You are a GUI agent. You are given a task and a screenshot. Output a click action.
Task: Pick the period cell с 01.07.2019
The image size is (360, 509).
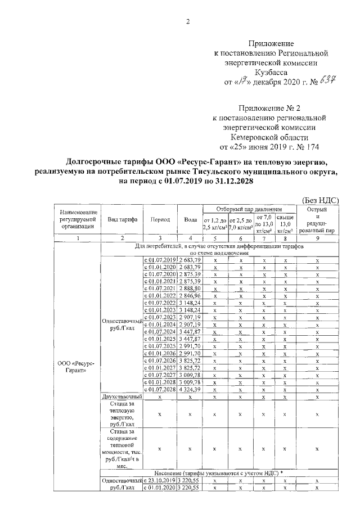[160, 259]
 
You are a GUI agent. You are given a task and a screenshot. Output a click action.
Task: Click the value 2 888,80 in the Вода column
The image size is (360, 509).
[190, 288]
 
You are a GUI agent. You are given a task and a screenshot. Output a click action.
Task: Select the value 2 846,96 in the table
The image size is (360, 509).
[190, 295]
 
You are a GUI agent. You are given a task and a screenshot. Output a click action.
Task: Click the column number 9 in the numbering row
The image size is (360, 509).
[317, 238]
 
